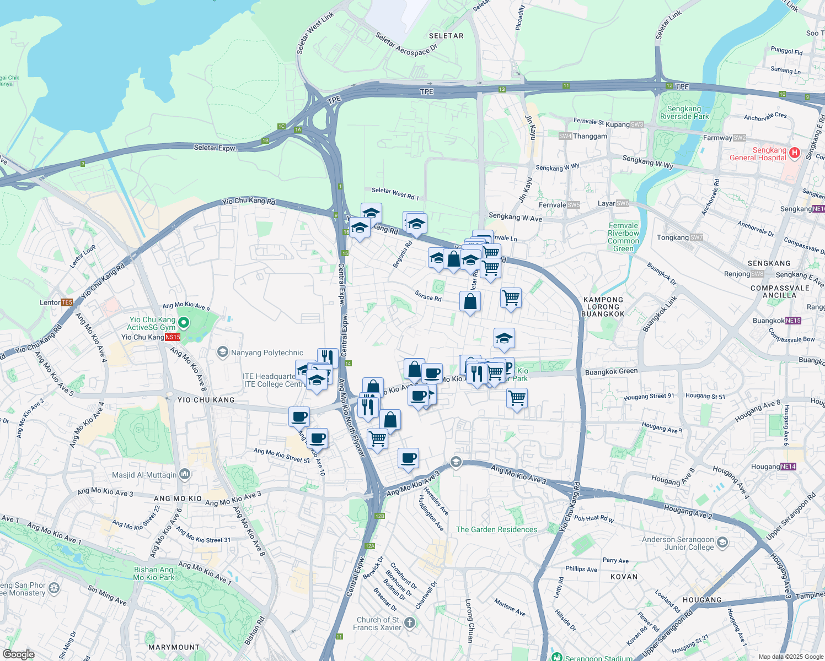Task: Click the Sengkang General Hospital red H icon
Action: pyautogui.click(x=794, y=153)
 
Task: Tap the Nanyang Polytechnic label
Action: pyautogui.click(x=267, y=353)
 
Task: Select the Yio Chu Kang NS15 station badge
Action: pyautogui.click(x=173, y=337)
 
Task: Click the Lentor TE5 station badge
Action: pyautogui.click(x=67, y=302)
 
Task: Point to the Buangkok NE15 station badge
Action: pyautogui.click(x=793, y=321)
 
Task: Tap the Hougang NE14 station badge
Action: pyautogui.click(x=788, y=467)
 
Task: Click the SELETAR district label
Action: pyautogui.click(x=446, y=36)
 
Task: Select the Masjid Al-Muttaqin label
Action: pyautogui.click(x=144, y=475)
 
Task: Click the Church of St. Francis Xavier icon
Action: pyautogui.click(x=409, y=623)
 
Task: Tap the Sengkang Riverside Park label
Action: pyautogui.click(x=684, y=112)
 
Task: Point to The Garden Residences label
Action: pyautogui.click(x=496, y=529)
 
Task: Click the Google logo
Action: pyautogui.click(x=18, y=654)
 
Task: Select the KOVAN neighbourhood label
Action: pyautogui.click(x=624, y=577)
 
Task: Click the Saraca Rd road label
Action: pyautogui.click(x=428, y=297)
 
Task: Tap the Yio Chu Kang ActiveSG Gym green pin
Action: pyautogui.click(x=184, y=323)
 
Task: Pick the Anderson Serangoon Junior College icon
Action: pyautogui.click(x=722, y=543)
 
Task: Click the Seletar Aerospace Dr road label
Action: pyautogui.click(x=406, y=44)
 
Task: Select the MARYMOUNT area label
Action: pyautogui.click(x=174, y=647)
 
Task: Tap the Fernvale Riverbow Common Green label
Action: pyautogui.click(x=623, y=237)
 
